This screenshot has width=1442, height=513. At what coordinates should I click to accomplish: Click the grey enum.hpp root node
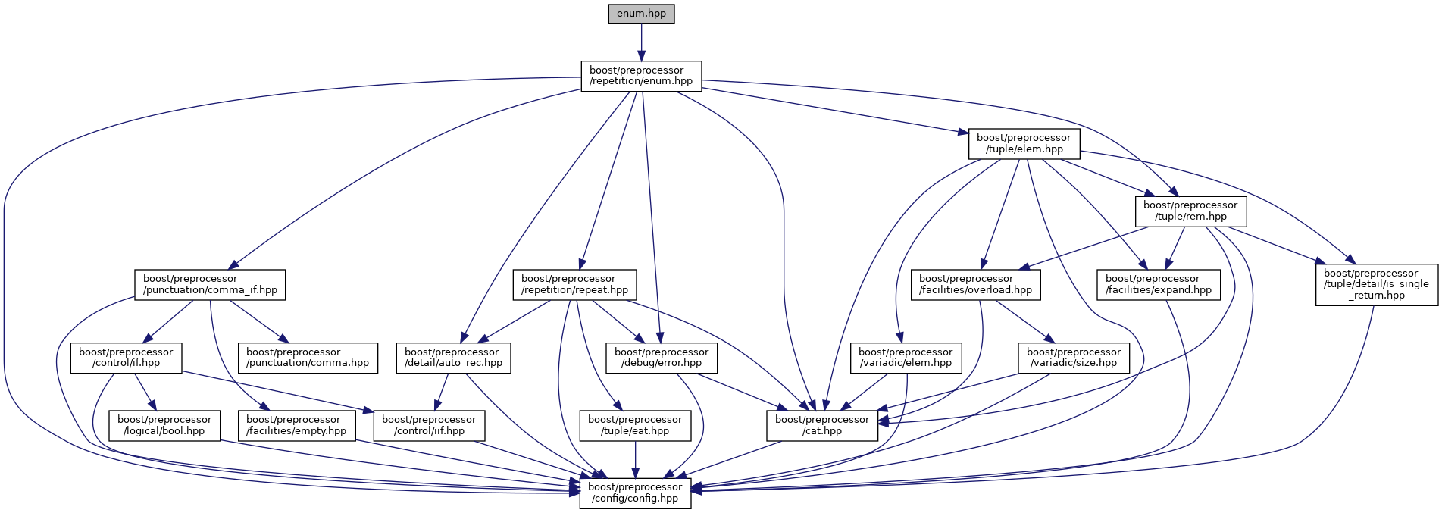click(641, 14)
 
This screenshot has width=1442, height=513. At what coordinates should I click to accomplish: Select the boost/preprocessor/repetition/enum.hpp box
click(641, 76)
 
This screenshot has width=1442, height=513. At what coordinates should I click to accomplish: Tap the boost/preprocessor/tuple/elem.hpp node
click(1024, 143)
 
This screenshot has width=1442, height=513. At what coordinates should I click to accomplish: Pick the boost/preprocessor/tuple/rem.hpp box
click(1190, 211)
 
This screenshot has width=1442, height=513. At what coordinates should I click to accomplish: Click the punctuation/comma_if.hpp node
click(210, 284)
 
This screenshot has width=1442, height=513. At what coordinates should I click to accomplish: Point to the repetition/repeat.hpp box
click(574, 284)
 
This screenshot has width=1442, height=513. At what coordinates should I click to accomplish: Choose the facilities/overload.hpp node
click(975, 284)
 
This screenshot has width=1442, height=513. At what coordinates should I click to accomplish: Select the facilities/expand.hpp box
click(1158, 284)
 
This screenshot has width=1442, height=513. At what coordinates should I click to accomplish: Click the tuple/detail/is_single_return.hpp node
click(1376, 284)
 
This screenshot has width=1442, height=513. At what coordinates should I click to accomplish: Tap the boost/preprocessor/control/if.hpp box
click(126, 358)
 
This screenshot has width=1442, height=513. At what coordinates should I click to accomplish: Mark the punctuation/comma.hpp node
click(308, 358)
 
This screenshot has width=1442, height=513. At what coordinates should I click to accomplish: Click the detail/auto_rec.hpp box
click(452, 358)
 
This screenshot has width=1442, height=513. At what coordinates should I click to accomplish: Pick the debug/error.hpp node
click(662, 358)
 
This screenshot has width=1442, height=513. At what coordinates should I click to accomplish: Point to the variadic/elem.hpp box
click(906, 358)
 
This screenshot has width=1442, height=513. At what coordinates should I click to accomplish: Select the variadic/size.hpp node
click(1074, 358)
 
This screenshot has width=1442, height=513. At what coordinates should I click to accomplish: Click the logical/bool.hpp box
click(164, 425)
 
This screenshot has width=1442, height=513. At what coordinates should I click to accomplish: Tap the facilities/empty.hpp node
click(296, 425)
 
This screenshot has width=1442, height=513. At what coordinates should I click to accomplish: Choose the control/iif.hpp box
click(429, 425)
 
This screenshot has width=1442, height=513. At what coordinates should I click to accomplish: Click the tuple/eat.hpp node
click(635, 425)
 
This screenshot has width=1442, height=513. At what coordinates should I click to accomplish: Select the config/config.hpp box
click(635, 493)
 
